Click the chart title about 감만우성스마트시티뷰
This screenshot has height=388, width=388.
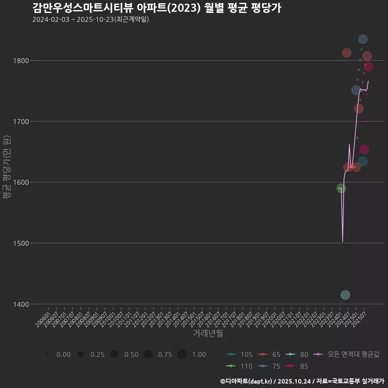[156, 8]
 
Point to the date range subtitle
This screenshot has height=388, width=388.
[91, 19]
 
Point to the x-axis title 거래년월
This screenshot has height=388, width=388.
[208, 333]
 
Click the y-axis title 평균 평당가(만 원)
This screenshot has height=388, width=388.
[6, 167]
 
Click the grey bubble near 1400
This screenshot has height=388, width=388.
[345, 295]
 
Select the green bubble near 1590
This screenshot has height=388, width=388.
[341, 188]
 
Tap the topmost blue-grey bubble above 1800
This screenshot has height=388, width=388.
[363, 39]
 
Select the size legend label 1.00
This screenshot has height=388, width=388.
[199, 354]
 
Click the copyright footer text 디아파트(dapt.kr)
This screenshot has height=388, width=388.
[246, 381]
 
